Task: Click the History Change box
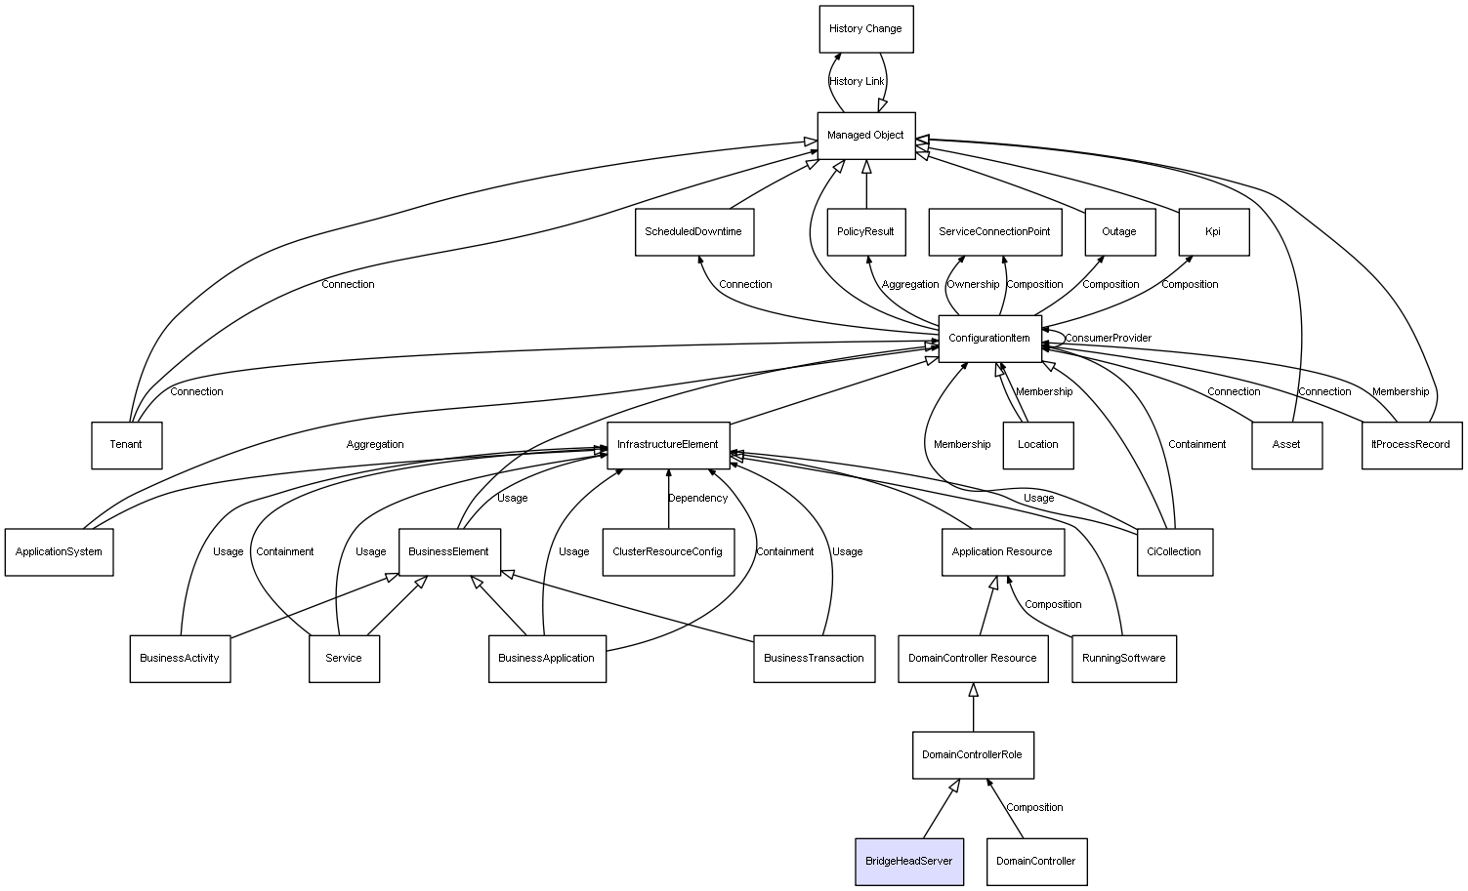coord(865,29)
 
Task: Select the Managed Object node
coord(865,136)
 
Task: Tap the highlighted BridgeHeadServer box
coord(908,862)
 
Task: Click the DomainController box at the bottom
coord(1036,862)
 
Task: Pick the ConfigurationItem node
coord(989,339)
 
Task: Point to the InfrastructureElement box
coord(668,445)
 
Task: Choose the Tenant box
coord(126,445)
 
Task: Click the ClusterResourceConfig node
coord(668,552)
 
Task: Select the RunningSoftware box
coord(1123,659)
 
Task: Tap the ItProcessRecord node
coord(1410,445)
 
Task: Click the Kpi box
coord(1213,232)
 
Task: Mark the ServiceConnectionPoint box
coord(994,232)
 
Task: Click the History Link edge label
coord(857,82)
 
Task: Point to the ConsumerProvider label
coord(1108,339)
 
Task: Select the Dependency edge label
coord(697,499)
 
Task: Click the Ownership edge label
coord(973,285)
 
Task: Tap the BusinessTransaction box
coord(814,659)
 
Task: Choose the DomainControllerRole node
coord(973,755)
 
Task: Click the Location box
coord(1037,445)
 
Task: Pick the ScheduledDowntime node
coord(693,232)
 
